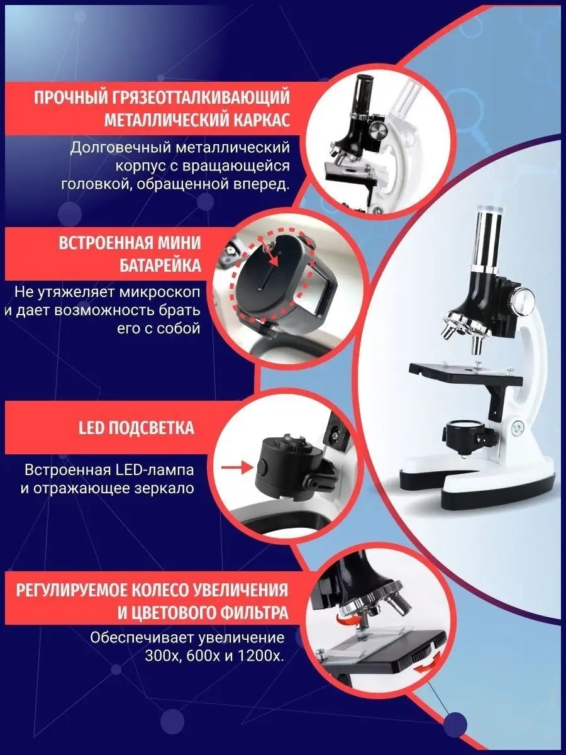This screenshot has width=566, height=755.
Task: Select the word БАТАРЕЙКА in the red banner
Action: coord(160,266)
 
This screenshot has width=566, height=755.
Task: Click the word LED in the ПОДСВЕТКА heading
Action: coord(89,428)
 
